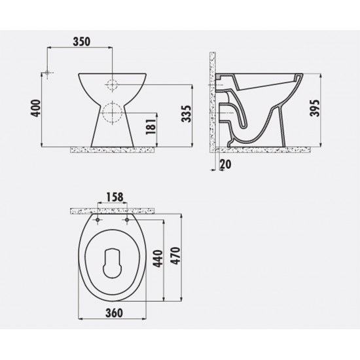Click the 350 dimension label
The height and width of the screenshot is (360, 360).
click(81, 41)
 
